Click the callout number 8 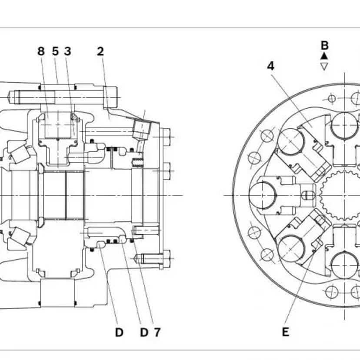[x=41, y=51]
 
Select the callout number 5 [x=55, y=51]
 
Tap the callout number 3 [x=67, y=51]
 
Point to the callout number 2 [x=100, y=51]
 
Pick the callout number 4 [x=271, y=66]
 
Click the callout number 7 [x=157, y=332]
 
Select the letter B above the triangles [x=324, y=45]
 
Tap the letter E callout [x=285, y=332]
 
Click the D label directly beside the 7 [x=144, y=332]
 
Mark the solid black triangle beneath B [x=324, y=56]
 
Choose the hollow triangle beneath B [x=324, y=66]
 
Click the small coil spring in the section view [x=139, y=162]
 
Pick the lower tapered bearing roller [x=19, y=237]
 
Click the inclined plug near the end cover [x=141, y=128]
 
